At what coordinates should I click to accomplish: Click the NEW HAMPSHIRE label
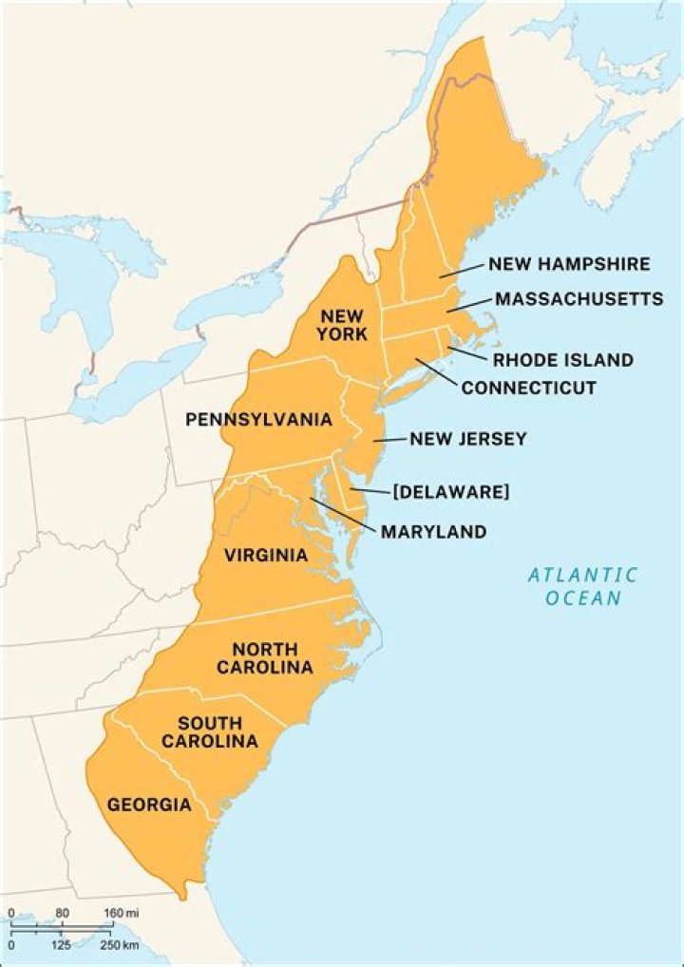coord(569,264)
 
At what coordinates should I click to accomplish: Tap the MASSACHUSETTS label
coord(579,299)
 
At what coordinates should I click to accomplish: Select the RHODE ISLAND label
coord(562,360)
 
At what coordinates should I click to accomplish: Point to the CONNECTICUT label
coord(528,388)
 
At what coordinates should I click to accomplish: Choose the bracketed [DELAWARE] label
coord(451,491)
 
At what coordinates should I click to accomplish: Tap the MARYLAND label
coord(433,532)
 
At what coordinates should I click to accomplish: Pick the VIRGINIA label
coord(266,556)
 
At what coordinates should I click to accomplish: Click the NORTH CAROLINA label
coord(264,658)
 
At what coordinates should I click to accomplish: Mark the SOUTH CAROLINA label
coord(209,731)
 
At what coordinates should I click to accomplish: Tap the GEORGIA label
coord(149,805)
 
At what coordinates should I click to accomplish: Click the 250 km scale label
coord(122,946)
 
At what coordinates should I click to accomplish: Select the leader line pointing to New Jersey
coord(389,441)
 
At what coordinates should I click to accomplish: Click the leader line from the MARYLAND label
coord(343,512)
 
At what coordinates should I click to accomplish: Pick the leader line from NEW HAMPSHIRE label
coord(461,271)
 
